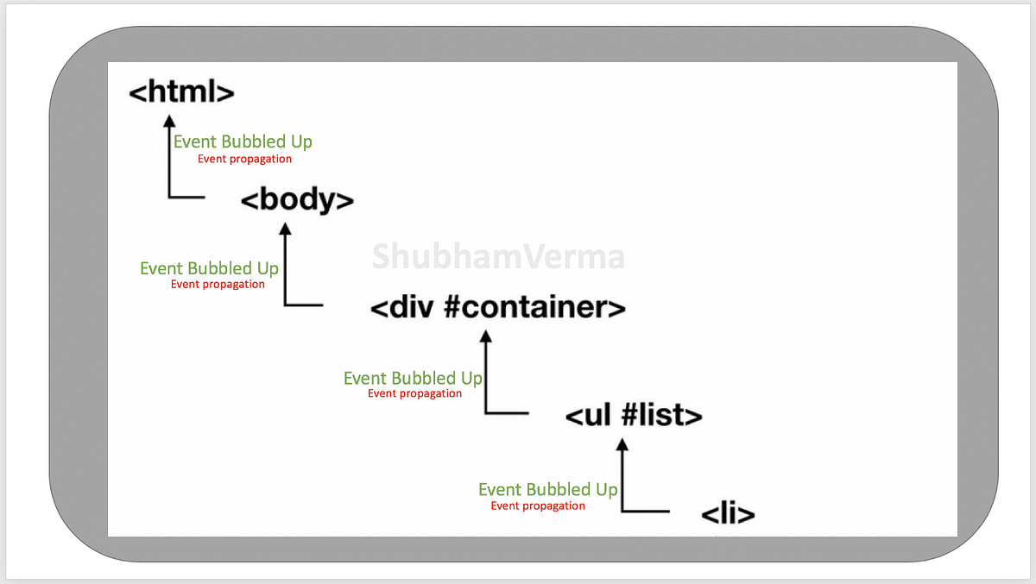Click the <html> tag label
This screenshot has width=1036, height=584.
click(x=181, y=92)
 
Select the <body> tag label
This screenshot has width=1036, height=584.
click(x=296, y=200)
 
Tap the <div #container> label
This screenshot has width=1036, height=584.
click(x=497, y=307)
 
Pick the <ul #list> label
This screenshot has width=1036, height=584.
click(x=634, y=416)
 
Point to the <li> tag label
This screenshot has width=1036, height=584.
click(x=728, y=515)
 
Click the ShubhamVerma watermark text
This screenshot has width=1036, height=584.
click(x=498, y=257)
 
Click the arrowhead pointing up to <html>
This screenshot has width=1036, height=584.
click(x=170, y=120)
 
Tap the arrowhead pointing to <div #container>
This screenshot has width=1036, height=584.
click(x=486, y=337)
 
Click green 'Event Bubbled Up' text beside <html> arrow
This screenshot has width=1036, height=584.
click(x=243, y=141)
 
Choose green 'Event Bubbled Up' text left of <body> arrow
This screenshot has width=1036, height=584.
click(x=209, y=268)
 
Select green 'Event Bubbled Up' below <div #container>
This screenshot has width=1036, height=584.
click(x=413, y=378)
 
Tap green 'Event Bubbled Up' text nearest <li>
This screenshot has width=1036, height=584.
click(x=547, y=489)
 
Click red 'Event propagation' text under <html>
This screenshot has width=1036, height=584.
click(x=244, y=159)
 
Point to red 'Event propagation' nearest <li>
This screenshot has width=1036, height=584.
click(x=538, y=506)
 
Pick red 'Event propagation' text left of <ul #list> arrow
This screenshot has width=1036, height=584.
click(x=414, y=393)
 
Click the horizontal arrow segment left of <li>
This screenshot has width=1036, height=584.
click(x=646, y=512)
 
